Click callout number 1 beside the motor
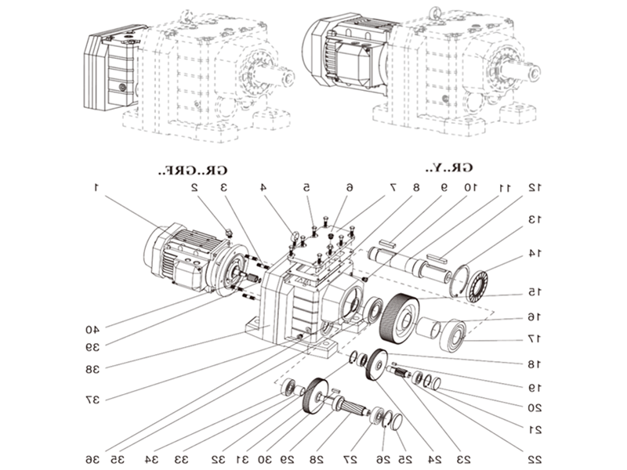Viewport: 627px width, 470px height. point(96,188)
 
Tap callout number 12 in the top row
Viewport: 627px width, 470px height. point(535,188)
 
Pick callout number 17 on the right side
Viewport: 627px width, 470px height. point(534,338)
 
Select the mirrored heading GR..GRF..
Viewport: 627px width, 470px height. point(194,169)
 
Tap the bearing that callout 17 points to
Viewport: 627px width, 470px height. point(454,336)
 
